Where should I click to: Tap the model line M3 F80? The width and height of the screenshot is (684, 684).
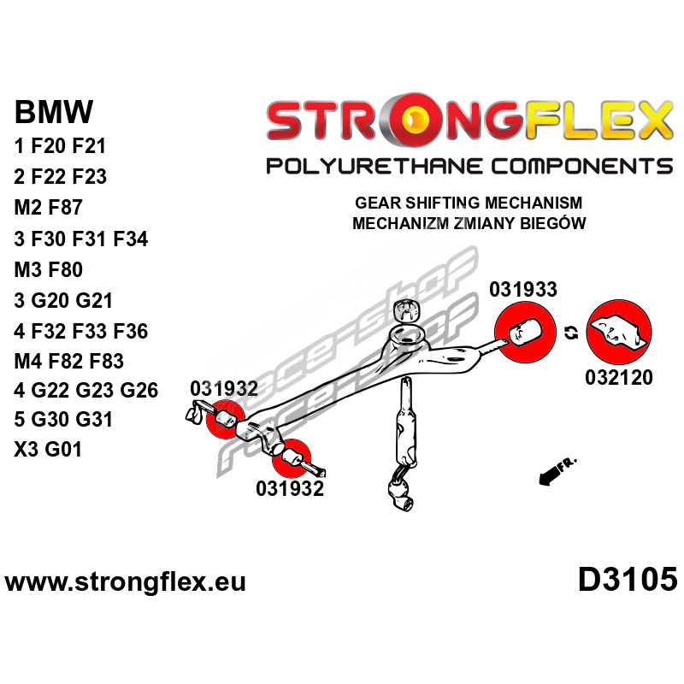48,270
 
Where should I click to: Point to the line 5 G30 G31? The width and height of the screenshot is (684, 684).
63,420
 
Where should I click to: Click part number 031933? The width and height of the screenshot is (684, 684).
522,290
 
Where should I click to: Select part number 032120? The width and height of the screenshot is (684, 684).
620,377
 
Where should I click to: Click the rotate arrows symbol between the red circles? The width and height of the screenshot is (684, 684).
570,332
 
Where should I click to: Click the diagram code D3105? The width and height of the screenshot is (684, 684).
628,580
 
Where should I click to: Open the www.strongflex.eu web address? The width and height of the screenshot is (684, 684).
126,582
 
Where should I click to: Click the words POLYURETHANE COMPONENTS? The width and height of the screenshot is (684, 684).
469,165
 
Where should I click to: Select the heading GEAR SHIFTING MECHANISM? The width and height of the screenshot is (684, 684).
469,204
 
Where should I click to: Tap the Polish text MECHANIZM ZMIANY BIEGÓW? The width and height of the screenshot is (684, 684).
469,224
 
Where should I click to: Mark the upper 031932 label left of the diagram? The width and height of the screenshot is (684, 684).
224,388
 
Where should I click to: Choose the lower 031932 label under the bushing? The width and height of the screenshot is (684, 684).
290,489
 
